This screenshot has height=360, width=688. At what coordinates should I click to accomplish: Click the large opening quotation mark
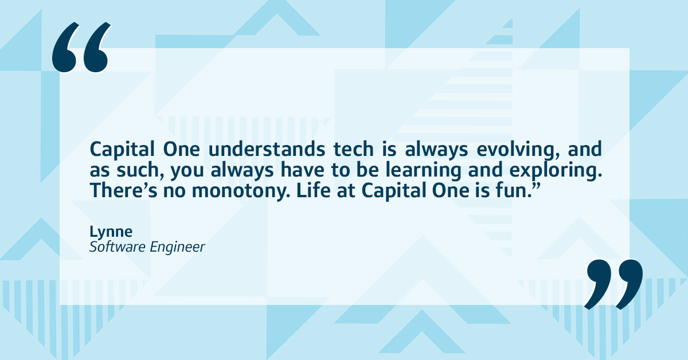[x=80, y=48]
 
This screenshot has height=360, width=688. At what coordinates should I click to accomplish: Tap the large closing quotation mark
[x=613, y=284]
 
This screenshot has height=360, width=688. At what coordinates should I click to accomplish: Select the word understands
[x=267, y=150]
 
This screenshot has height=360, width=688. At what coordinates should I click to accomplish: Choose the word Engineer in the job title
[x=177, y=248]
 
